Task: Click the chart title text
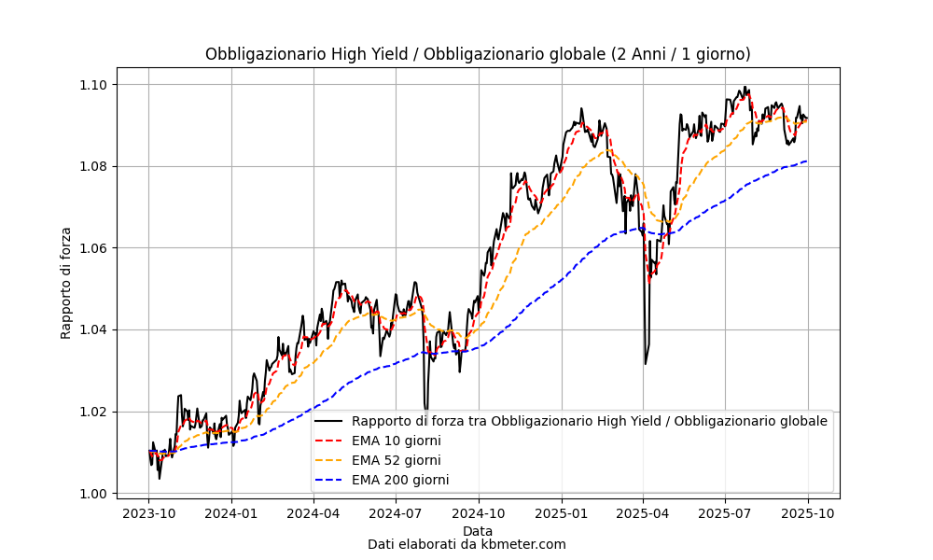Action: point(478,54)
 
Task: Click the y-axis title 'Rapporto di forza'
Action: point(66,283)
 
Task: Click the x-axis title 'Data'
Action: point(478,531)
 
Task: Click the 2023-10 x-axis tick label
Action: point(149,512)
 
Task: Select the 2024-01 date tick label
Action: point(231,512)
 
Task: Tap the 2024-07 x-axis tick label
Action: point(396,512)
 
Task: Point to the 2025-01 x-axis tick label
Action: point(562,512)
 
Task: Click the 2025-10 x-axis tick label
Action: point(808,512)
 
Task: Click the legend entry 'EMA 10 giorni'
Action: point(396,441)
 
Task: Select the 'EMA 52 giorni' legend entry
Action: point(396,460)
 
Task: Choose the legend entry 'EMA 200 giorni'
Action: point(399,480)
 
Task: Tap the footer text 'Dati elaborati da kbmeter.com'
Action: point(466,544)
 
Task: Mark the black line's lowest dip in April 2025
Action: point(645,363)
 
